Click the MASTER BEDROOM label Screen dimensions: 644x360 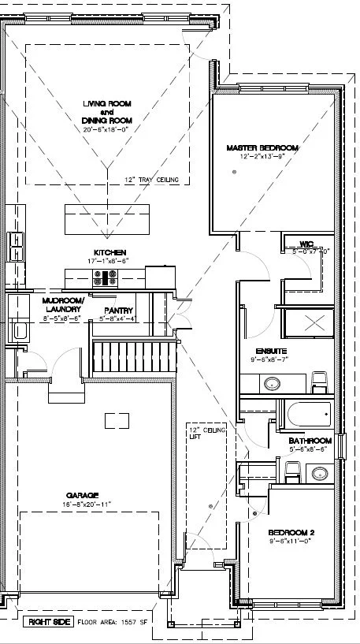(262, 148)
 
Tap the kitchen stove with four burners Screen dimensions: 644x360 (106, 277)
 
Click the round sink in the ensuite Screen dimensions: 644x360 (271, 385)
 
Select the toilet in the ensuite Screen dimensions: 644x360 (319, 382)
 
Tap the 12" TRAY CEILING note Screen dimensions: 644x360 (150, 180)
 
